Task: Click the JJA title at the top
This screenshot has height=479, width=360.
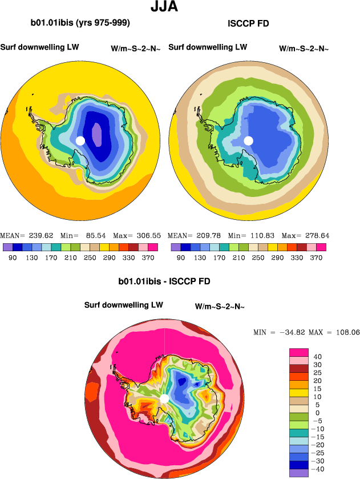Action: (x=164, y=7)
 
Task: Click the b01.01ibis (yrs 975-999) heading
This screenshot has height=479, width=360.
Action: (x=80, y=23)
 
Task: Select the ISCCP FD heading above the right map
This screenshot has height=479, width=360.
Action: (x=248, y=23)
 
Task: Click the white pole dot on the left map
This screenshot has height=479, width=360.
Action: (x=80, y=140)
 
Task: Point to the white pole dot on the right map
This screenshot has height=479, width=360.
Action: (x=248, y=140)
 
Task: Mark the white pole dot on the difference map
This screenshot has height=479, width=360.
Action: (x=164, y=398)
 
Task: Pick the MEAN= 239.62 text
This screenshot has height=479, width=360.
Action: (x=23, y=235)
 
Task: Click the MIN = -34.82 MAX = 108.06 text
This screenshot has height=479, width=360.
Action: (x=306, y=332)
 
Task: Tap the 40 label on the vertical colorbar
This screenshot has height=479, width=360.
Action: (x=317, y=356)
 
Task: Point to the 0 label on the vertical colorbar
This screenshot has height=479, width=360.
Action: (x=317, y=413)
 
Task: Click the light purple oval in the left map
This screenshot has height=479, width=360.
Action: (x=97, y=136)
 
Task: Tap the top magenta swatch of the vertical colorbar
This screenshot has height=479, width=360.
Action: (x=300, y=352)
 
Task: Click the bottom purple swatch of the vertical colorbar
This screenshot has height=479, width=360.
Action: (x=300, y=473)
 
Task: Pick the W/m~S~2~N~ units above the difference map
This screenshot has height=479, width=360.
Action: (x=220, y=307)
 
